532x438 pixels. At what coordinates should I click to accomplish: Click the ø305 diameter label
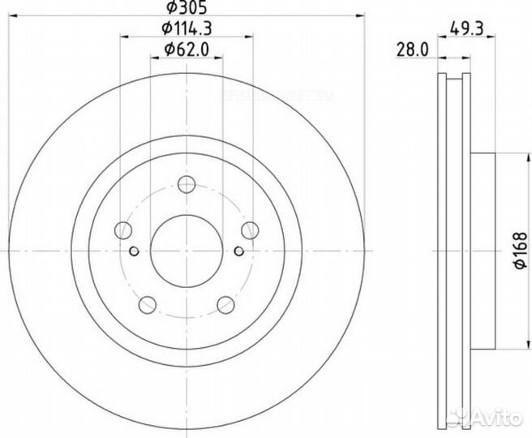coord(185,10)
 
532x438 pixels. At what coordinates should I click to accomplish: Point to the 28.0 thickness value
coord(412,49)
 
